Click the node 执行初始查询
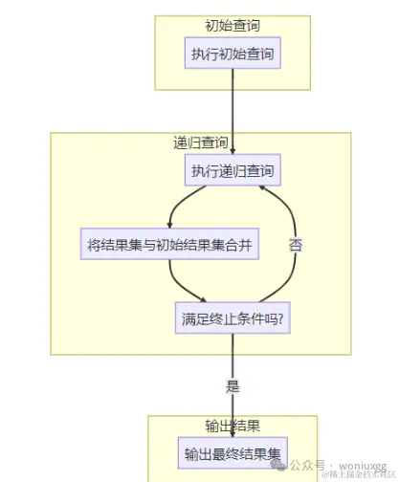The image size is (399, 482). click(x=233, y=55)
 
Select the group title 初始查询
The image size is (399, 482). click(x=233, y=26)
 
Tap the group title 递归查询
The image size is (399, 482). click(x=200, y=143)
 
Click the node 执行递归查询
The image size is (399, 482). click(x=233, y=172)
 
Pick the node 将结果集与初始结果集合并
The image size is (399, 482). click(x=170, y=245)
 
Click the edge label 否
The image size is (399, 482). click(x=296, y=245)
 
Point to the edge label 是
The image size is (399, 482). click(x=233, y=386)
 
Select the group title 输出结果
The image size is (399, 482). click(x=233, y=426)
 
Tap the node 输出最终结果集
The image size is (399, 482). click(x=233, y=453)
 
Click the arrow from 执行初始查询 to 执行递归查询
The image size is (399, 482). click(x=233, y=110)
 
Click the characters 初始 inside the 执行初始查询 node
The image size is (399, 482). click(x=233, y=55)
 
